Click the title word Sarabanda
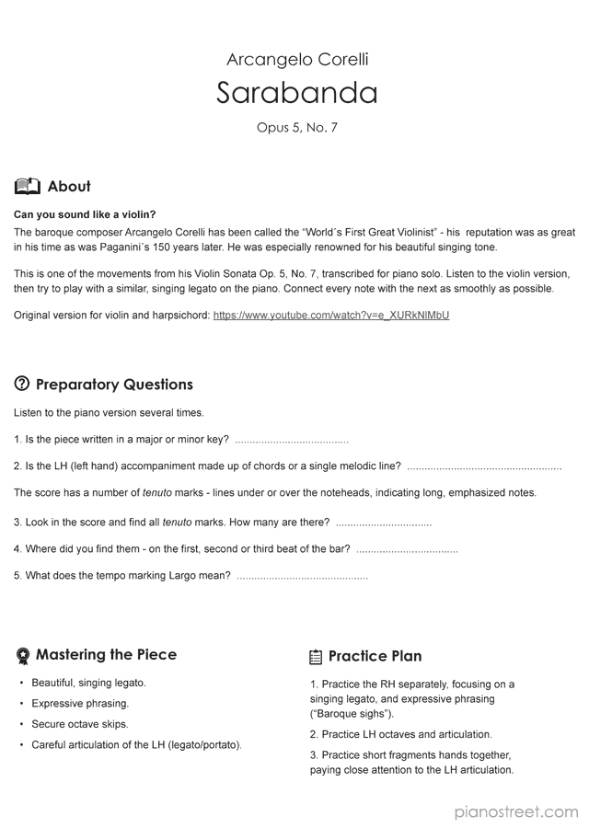point(297,93)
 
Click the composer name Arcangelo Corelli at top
point(297,60)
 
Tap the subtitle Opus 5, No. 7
point(297,128)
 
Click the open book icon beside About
point(28,187)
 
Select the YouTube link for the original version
point(330,316)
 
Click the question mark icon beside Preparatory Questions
point(22,385)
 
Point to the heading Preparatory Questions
point(114,385)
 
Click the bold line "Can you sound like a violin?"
point(85,214)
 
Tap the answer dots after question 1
point(292,441)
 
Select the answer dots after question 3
point(383,523)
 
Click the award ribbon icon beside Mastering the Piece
point(23,656)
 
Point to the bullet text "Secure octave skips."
point(80,724)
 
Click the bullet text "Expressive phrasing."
point(80,704)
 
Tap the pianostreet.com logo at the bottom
point(516,811)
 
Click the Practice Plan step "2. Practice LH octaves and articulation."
point(400,734)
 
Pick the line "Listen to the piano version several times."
point(109,412)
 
